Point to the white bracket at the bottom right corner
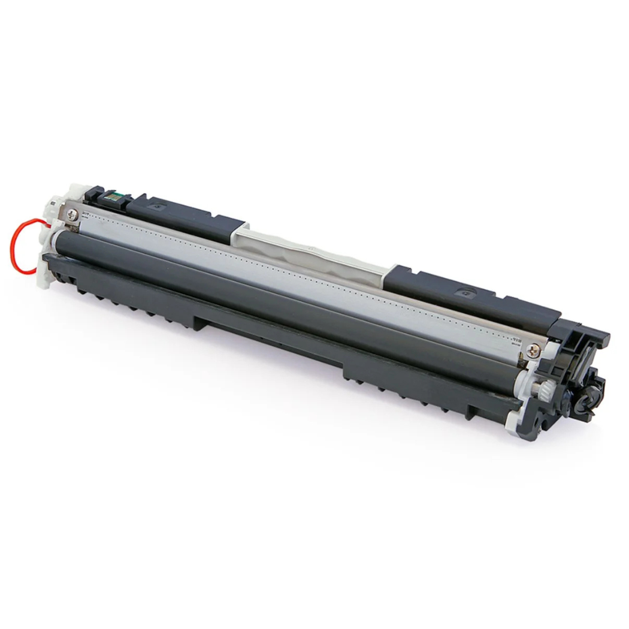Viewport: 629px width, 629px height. (515, 419)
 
